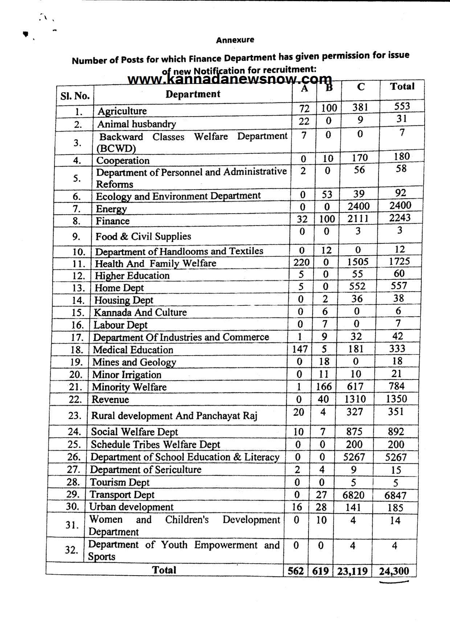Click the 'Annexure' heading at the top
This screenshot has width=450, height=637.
(x=235, y=40)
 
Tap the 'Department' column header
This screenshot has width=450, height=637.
(x=193, y=94)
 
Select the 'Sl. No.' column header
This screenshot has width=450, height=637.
(x=75, y=96)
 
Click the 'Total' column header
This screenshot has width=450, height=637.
(x=402, y=86)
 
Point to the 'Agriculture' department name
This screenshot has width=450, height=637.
(x=122, y=111)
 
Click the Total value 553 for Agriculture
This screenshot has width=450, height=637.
(x=402, y=106)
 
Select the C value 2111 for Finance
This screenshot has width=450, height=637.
(x=357, y=218)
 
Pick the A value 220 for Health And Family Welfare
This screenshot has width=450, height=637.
(x=302, y=262)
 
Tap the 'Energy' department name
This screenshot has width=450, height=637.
(x=111, y=209)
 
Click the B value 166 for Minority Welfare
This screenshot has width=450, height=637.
(x=324, y=386)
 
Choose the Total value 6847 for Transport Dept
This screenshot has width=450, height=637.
(x=395, y=495)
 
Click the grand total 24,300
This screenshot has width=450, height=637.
(x=394, y=571)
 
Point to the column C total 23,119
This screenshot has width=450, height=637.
(x=352, y=571)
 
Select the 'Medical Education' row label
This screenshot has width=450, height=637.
(x=133, y=350)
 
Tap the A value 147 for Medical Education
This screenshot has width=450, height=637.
(x=300, y=349)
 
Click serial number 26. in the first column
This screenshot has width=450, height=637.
(x=74, y=457)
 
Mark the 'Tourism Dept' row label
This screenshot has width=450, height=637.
(x=119, y=482)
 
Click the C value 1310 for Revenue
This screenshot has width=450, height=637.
(x=355, y=399)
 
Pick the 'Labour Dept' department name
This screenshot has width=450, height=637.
(x=120, y=325)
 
